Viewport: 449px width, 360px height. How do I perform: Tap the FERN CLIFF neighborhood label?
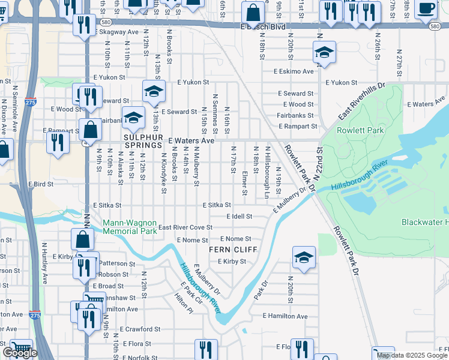[232, 250]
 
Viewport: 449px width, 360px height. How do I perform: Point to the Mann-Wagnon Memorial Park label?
[130, 226]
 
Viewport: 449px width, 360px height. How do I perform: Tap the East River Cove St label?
[185, 227]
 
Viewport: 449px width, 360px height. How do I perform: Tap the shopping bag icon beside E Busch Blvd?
[253, 13]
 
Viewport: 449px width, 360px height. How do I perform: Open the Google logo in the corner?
[20, 353]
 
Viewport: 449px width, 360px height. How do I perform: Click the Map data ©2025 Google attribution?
[412, 355]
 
